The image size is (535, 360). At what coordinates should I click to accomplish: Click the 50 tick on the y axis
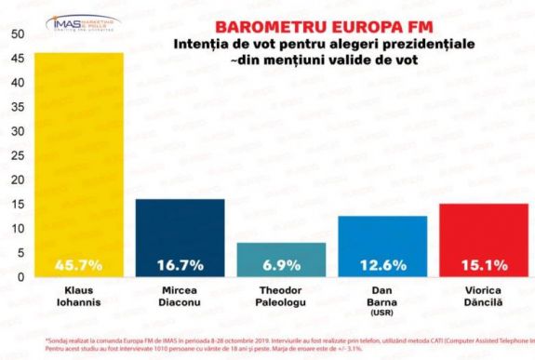tap(18, 34)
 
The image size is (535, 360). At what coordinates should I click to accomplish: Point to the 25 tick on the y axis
tap(18, 155)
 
